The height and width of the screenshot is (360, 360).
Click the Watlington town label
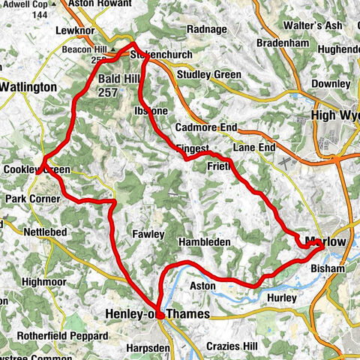(28, 87)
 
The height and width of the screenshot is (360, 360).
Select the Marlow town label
(326, 241)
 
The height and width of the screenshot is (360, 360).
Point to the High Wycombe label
(334, 116)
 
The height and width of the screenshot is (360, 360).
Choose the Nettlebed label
(46, 232)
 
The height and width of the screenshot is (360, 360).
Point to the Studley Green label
(208, 75)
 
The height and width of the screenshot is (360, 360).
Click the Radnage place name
(208, 29)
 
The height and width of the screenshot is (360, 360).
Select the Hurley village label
(283, 298)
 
